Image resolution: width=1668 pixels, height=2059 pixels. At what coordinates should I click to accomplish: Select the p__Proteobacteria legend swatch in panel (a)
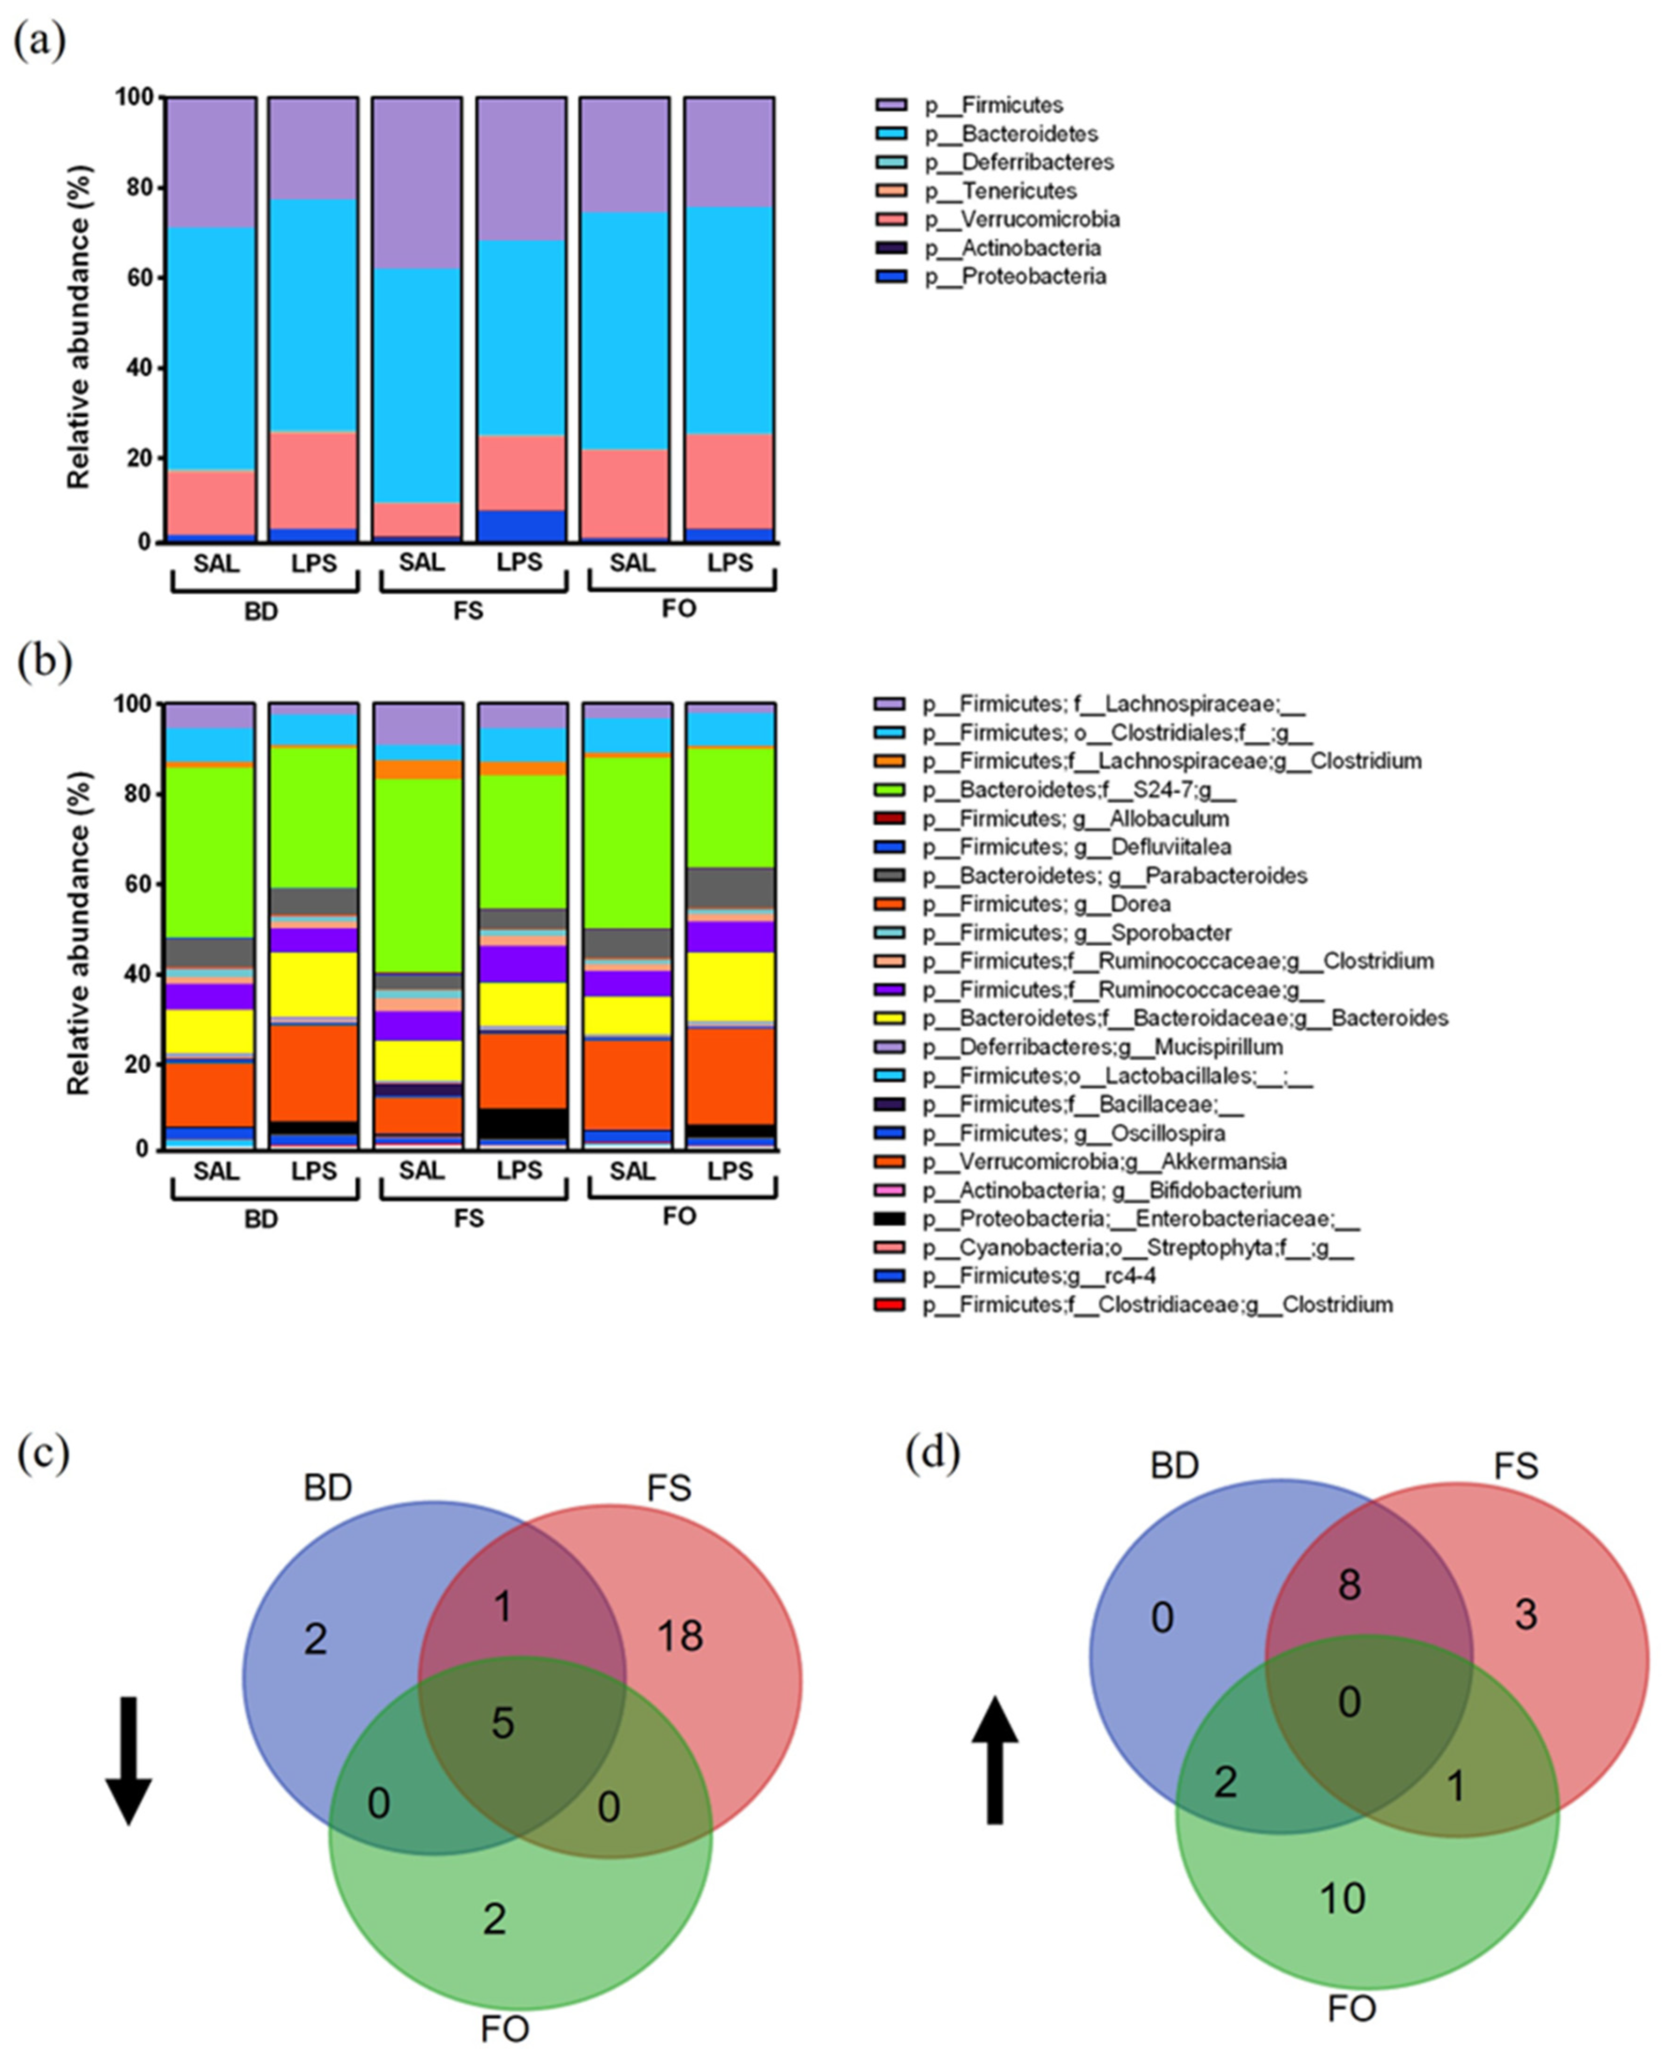[890, 277]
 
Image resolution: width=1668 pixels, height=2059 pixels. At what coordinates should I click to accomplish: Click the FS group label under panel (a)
[469, 611]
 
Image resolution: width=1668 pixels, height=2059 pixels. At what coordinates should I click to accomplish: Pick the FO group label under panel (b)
[679, 1217]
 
